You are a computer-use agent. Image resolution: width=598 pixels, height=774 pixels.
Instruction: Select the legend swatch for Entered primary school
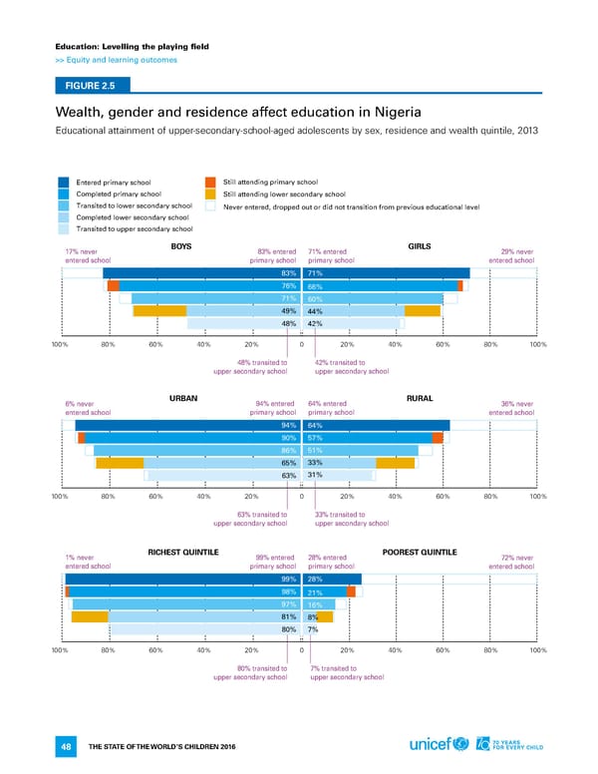click(65, 182)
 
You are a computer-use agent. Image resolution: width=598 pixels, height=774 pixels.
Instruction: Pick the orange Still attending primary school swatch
click(209, 182)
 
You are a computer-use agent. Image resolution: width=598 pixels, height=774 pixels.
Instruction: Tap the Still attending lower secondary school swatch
click(209, 193)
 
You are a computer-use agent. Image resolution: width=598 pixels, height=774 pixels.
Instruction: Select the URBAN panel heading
click(182, 398)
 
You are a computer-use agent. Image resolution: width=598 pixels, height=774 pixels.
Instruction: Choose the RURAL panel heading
click(419, 398)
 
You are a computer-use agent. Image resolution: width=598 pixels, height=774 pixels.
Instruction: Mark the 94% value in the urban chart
click(289, 426)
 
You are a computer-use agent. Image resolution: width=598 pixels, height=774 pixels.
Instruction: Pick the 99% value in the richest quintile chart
click(289, 580)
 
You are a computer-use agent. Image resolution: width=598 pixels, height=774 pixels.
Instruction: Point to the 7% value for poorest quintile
click(313, 628)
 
